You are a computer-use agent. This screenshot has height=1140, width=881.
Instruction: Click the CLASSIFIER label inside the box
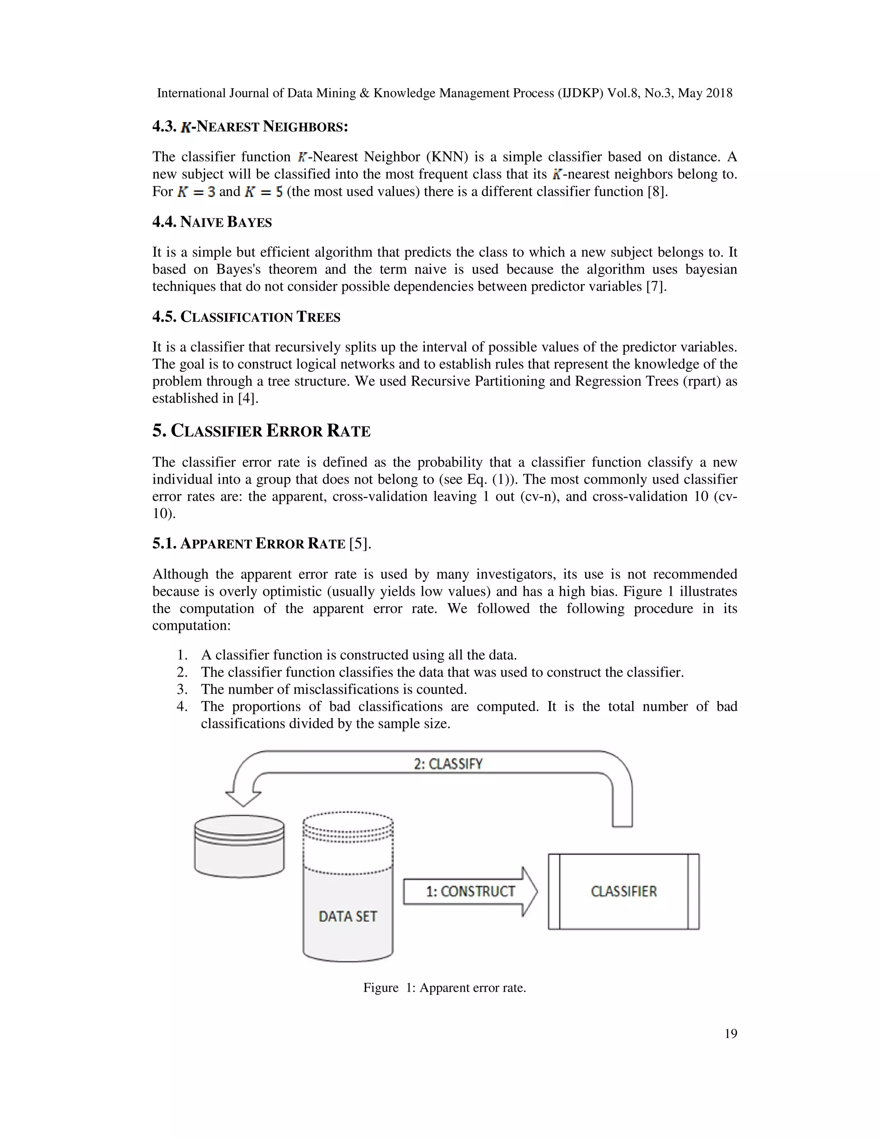pos(623,891)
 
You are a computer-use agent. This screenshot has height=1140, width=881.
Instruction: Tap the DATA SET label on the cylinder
pos(348,916)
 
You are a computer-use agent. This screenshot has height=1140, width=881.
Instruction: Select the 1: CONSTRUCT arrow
pos(470,891)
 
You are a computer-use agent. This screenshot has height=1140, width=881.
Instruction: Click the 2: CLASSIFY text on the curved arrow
pos(448,764)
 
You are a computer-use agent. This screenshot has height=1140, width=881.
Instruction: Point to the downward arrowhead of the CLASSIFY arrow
pos(243,797)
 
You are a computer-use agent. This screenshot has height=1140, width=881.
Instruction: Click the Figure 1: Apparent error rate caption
pos(444,988)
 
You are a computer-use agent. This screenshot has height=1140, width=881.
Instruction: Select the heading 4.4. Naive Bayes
pos(212,222)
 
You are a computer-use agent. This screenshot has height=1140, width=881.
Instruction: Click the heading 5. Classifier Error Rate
pos(261,431)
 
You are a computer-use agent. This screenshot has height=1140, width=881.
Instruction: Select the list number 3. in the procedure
pos(182,689)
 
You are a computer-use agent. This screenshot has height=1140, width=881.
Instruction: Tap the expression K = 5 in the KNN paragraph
pos(264,191)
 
